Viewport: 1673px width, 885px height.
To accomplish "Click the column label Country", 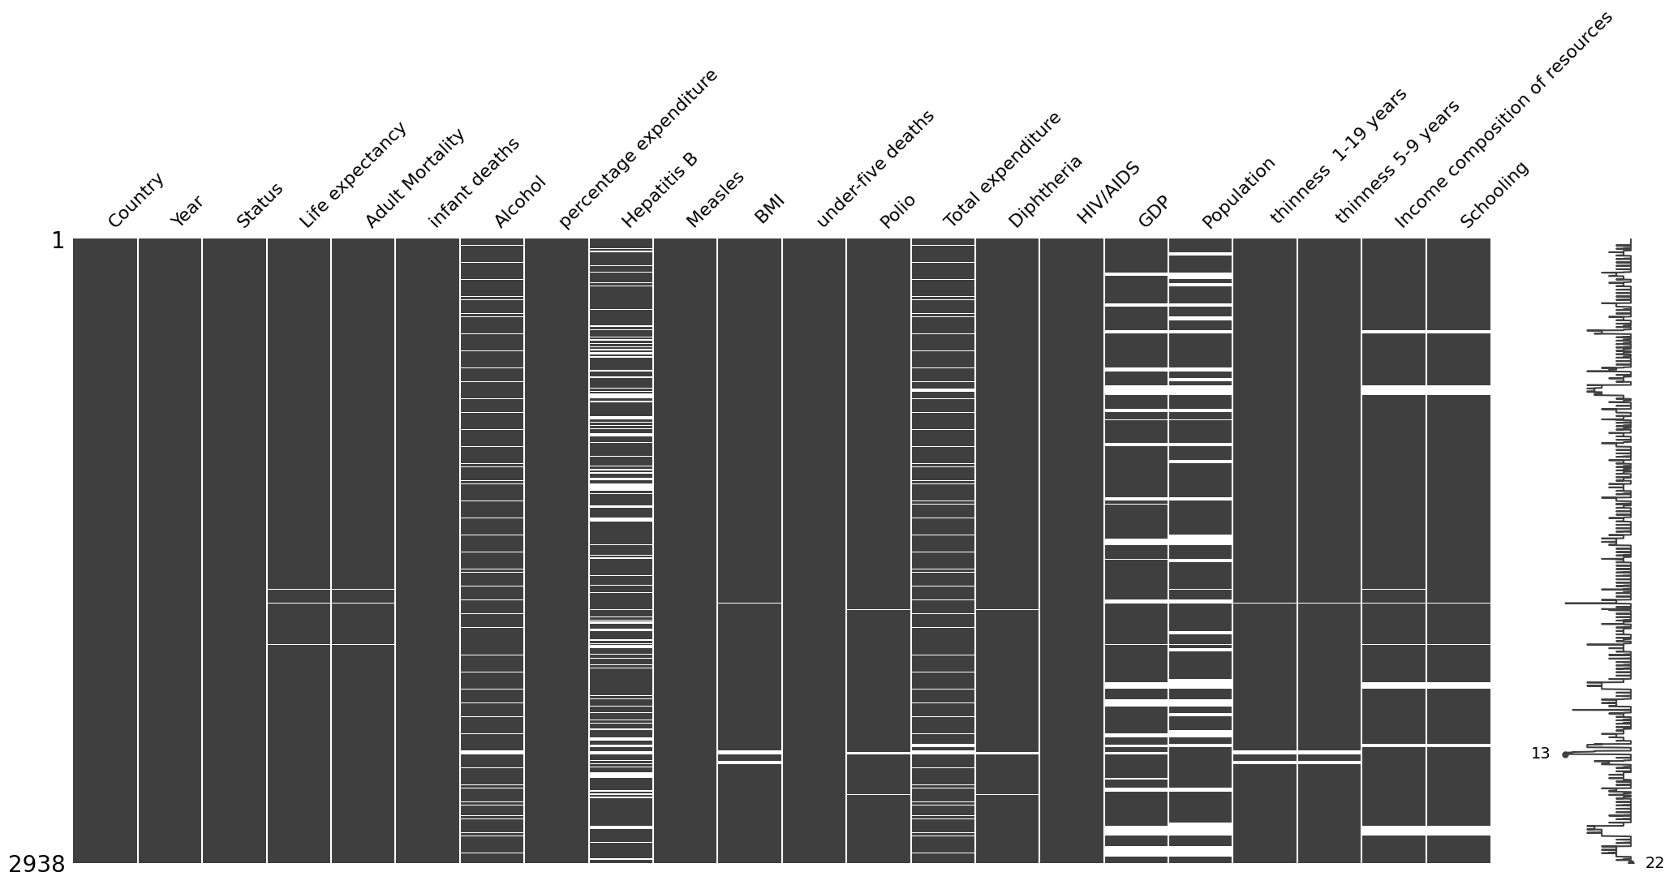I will [x=135, y=200].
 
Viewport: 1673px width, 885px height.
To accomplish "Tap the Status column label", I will [x=260, y=204].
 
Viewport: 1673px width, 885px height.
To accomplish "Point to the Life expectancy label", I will [x=352, y=176].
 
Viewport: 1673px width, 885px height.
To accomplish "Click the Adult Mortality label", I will [x=415, y=178].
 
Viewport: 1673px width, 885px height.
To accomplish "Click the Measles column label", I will [x=715, y=200].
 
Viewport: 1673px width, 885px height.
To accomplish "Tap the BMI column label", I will [x=769, y=210].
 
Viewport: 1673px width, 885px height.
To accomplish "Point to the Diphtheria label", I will [x=1045, y=191].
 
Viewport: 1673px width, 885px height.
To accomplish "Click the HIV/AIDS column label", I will [x=1108, y=193].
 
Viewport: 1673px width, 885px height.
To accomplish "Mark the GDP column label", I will [x=1153, y=211].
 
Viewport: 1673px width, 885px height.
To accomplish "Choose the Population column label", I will [x=1238, y=192].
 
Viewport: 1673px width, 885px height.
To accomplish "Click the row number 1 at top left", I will [x=58, y=241].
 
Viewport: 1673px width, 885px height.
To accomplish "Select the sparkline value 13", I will [x=1540, y=754].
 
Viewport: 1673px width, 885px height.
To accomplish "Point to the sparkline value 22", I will [x=1654, y=863].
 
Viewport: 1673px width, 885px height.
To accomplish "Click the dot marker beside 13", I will [x=1565, y=754].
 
